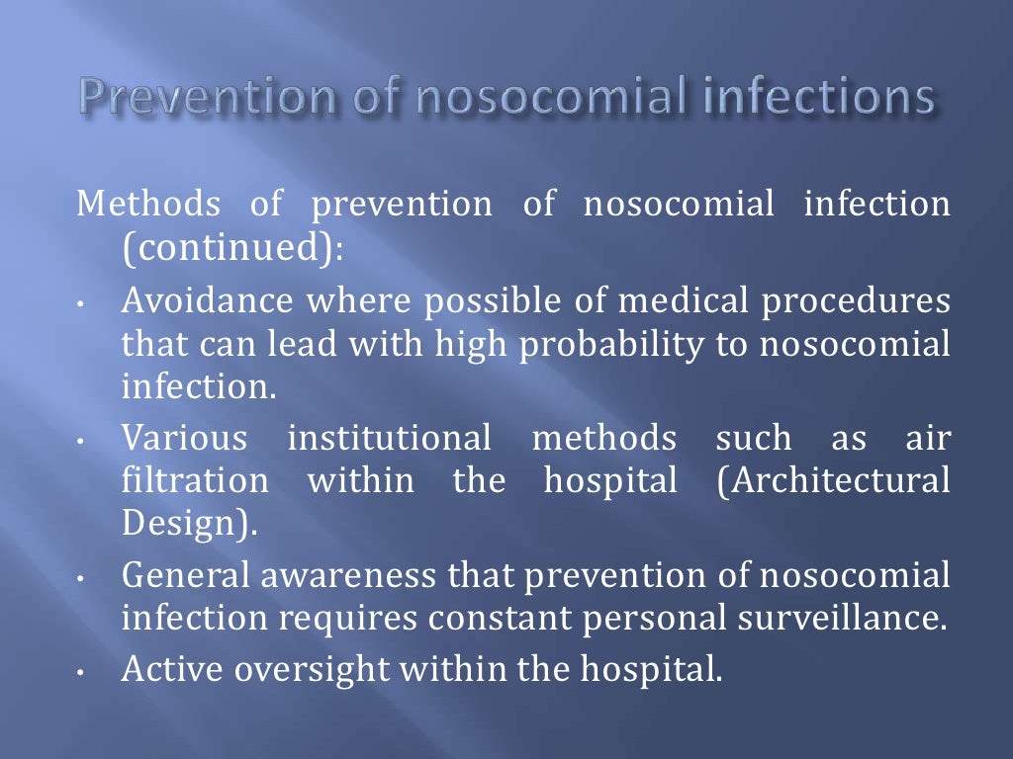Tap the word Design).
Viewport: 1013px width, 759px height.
[x=187, y=524]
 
